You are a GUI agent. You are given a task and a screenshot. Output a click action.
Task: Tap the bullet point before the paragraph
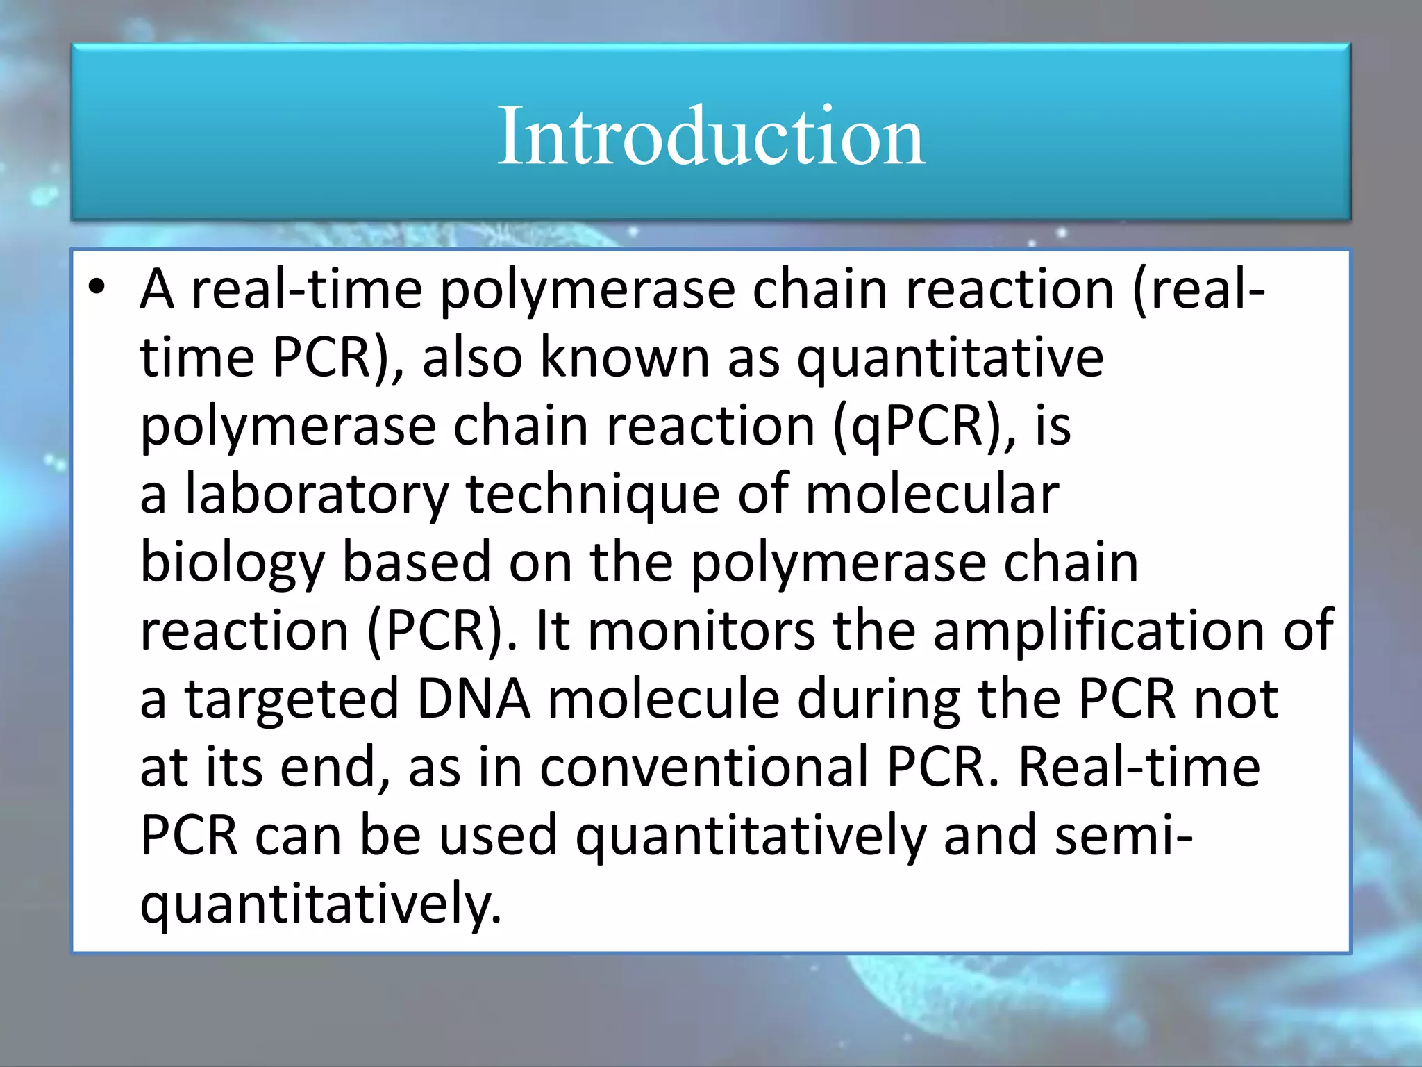[97, 288]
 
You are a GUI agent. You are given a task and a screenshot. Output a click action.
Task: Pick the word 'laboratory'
[317, 495]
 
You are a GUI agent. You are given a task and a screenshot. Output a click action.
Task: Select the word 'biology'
[233, 563]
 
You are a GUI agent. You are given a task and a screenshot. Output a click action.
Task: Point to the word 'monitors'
[701, 631]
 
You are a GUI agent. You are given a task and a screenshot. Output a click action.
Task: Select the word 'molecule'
[664, 699]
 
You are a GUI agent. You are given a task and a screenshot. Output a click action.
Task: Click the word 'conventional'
[704, 767]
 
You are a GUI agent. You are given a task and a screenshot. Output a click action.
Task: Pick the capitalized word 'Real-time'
[1139, 767]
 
